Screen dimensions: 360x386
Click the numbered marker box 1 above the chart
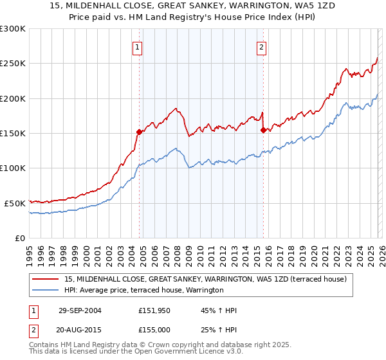pos(138,46)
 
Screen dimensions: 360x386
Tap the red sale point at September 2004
pos(139,132)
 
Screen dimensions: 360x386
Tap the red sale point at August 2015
pos(263,130)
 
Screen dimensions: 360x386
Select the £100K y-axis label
pos(13,168)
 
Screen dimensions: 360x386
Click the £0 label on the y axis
pos(19,238)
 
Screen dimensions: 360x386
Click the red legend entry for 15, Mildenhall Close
pos(206,279)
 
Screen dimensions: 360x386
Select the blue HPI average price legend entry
pos(143,291)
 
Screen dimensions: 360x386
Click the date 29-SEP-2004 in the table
pos(80,310)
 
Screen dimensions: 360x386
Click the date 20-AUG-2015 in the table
pos(80,329)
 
